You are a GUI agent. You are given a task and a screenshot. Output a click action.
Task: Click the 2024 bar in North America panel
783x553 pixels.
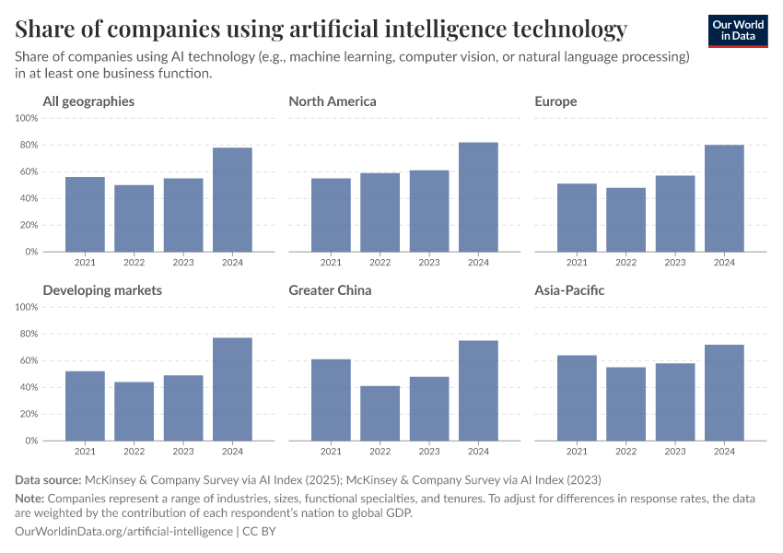478,197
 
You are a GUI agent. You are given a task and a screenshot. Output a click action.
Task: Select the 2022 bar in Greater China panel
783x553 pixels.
380,413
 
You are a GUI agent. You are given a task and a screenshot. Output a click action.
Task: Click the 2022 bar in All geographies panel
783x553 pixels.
134,218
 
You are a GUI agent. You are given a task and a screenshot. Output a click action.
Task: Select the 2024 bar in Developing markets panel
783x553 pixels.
232,389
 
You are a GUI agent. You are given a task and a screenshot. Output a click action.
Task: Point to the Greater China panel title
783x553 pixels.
330,290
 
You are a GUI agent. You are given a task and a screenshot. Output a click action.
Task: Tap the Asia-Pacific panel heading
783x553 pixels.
569,290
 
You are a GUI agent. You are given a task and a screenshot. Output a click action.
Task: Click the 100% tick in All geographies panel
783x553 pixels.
26,119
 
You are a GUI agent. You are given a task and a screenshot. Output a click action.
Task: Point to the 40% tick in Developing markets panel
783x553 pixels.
28,387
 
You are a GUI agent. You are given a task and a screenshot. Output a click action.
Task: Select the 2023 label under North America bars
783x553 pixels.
429,263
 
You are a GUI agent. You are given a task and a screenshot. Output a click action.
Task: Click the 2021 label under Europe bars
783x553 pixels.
577,263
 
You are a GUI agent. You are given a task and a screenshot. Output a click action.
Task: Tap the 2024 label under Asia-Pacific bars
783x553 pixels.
724,452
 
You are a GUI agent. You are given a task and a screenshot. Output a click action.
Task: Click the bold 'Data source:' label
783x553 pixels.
48,480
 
